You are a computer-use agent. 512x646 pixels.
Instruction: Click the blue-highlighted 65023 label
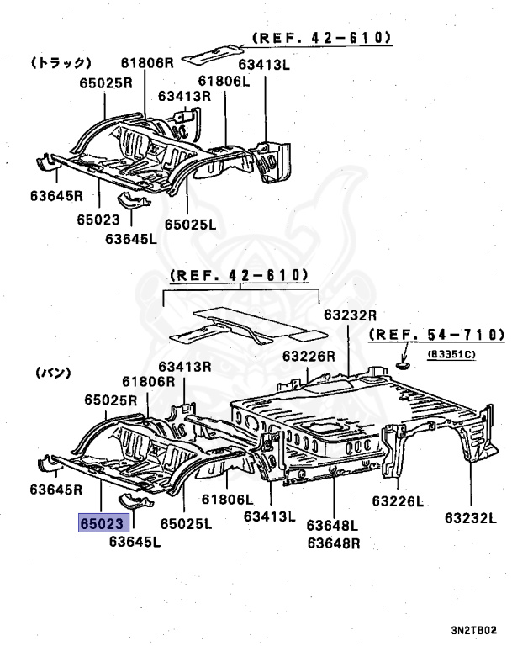pos(104,522)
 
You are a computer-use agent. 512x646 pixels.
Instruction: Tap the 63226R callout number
pos(309,356)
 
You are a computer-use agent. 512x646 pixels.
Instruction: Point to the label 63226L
pos(398,501)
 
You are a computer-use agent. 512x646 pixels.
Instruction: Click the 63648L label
pos(332,526)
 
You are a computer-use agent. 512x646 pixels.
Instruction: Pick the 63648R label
pos(332,543)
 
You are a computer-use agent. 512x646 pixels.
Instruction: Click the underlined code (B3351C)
pos(451,354)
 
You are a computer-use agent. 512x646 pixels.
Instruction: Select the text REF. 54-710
pos(427,336)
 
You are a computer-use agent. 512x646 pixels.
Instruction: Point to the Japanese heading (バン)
pos(52,372)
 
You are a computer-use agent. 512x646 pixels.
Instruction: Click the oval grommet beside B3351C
pos(402,366)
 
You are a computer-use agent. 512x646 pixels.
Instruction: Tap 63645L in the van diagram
pos(134,541)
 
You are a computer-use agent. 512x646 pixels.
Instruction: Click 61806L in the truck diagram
pos(224,81)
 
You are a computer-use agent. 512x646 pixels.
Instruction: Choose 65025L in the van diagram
pos(186,523)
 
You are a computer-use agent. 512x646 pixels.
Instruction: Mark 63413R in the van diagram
pos(184,366)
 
